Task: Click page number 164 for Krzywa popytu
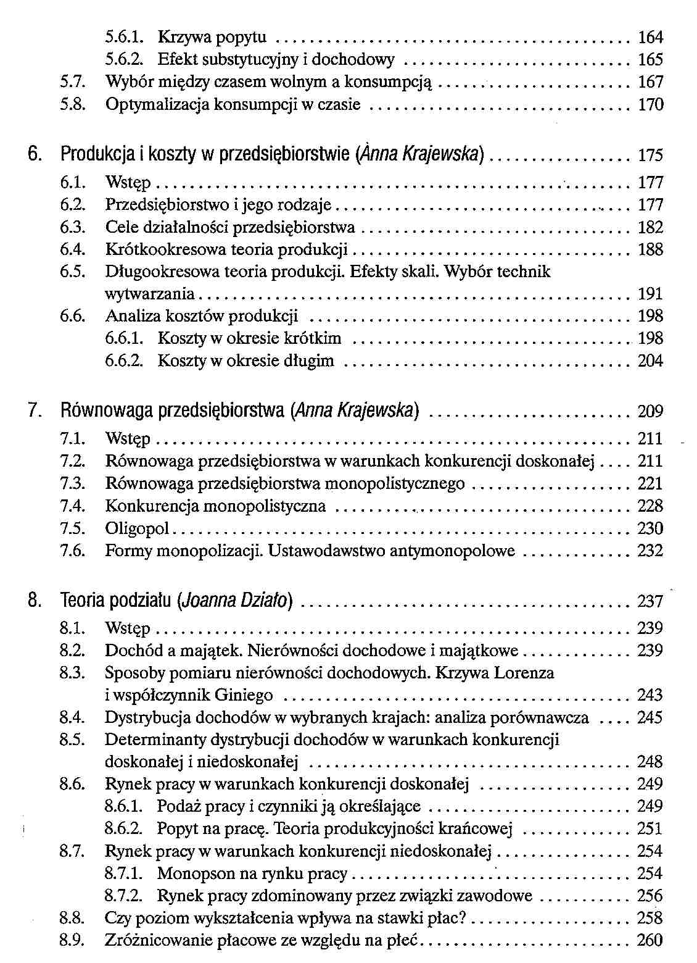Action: pos(650,38)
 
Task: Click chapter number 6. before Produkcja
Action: pos(36,154)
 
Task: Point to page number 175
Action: pos(650,154)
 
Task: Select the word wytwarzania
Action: pos(150,294)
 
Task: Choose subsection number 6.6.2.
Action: pos(124,361)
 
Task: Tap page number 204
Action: pos(650,361)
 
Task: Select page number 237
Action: pos(650,600)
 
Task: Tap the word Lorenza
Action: pos(522,672)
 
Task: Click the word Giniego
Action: pos(244,695)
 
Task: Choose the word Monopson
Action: pos(197,873)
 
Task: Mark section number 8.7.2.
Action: pos(124,896)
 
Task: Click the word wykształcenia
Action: pos(238,918)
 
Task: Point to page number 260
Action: pos(650,940)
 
